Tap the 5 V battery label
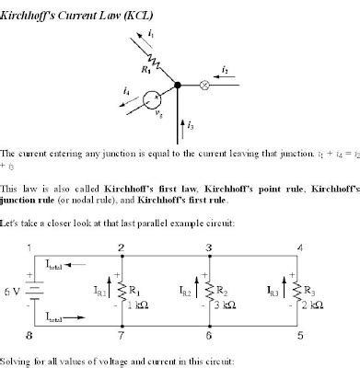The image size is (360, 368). click(11, 293)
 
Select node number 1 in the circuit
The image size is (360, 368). click(29, 247)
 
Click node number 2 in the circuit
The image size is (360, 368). click(120, 247)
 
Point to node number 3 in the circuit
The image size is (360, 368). click(210, 247)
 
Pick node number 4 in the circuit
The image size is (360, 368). click(300, 247)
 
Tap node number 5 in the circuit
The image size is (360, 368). click(300, 338)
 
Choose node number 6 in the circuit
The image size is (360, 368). click(210, 338)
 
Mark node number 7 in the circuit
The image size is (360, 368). click(120, 338)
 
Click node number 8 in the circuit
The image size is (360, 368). click(29, 338)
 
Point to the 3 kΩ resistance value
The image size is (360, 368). click(229, 305)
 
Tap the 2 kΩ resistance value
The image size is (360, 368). click(319, 305)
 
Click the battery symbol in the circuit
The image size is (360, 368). click(30, 293)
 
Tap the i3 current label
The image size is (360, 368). click(191, 122)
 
